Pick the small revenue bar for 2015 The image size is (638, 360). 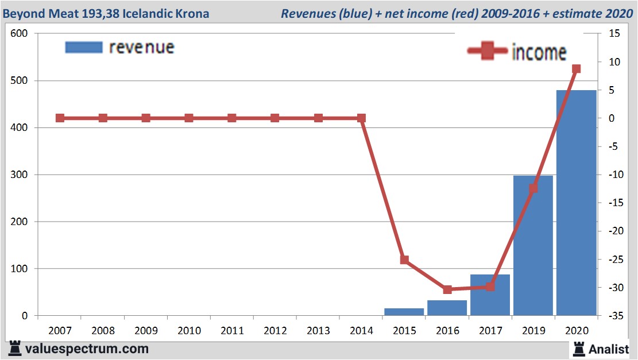(x=404, y=312)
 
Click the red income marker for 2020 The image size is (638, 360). (x=576, y=69)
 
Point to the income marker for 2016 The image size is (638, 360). (x=447, y=289)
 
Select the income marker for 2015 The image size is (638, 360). (x=404, y=260)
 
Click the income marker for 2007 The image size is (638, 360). (x=60, y=118)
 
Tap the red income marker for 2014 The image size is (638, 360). (x=361, y=118)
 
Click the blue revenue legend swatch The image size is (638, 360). (x=83, y=47)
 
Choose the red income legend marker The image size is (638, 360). (x=488, y=52)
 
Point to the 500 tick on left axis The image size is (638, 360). (x=20, y=81)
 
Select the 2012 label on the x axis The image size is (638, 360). (x=275, y=331)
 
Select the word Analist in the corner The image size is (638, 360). (x=609, y=349)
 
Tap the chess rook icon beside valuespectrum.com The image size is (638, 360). (x=15, y=348)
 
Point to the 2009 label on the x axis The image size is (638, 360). (x=146, y=331)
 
